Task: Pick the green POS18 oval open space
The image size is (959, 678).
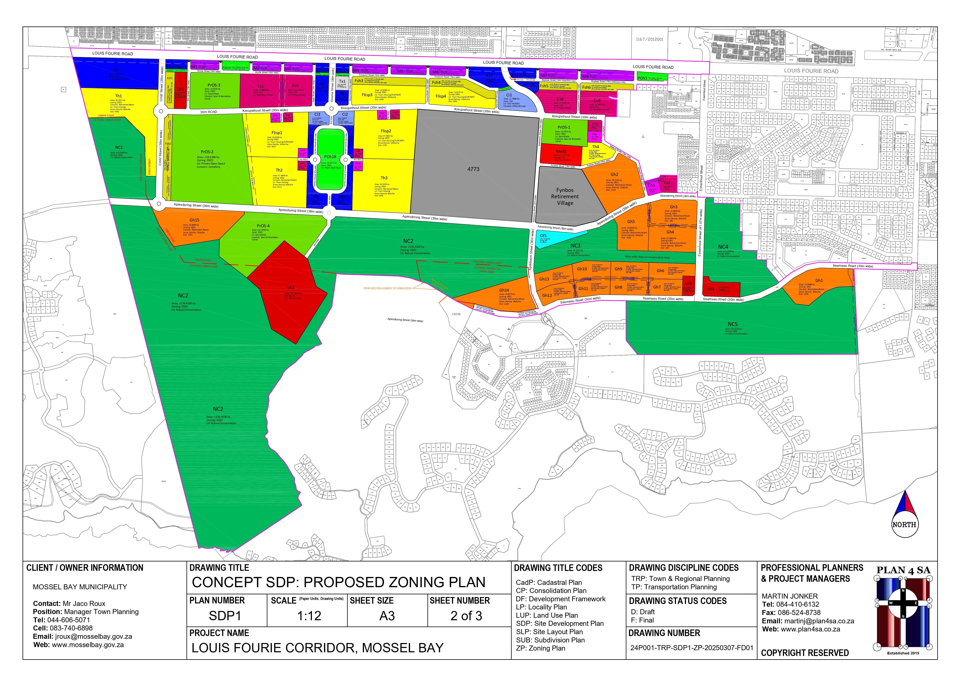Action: pyautogui.click(x=330, y=159)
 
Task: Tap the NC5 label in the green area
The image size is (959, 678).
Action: pyautogui.click(x=733, y=324)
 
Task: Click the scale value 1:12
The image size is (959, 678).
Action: pyautogui.click(x=309, y=616)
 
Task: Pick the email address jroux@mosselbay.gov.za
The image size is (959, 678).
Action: pyautogui.click(x=94, y=637)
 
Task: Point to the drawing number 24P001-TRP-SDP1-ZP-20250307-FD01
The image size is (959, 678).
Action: pyautogui.click(x=692, y=648)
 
